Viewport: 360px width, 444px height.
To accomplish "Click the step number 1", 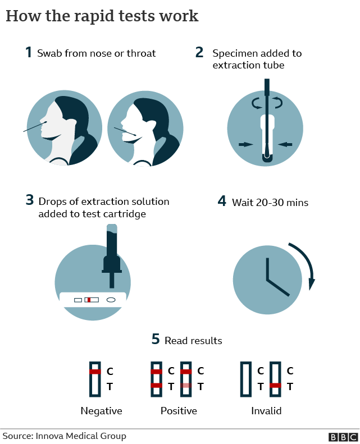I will click(x=28, y=53).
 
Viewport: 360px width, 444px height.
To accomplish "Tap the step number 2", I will click(x=199, y=53).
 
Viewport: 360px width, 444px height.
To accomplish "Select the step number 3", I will click(x=30, y=200).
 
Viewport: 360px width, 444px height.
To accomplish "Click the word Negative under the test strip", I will click(x=101, y=411).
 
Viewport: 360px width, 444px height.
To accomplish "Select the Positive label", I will click(x=179, y=411).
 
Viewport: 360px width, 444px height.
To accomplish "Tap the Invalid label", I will click(x=266, y=411).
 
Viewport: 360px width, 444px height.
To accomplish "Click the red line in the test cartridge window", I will click(x=88, y=300).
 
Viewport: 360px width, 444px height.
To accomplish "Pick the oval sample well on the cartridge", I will click(x=111, y=300).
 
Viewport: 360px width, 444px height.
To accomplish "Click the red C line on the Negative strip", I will click(x=95, y=372).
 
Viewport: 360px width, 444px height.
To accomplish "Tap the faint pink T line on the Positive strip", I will click(x=186, y=386).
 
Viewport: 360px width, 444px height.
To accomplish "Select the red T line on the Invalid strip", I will click(x=275, y=386).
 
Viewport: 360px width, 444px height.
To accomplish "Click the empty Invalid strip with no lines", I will click(x=245, y=379).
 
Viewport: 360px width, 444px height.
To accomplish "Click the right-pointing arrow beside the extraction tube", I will click(x=245, y=144).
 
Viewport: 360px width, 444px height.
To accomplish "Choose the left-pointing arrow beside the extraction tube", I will click(x=285, y=144).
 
